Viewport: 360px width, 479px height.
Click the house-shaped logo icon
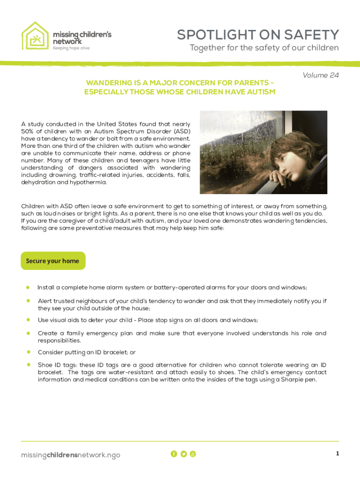pos(35,36)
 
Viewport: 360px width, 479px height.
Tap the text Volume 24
pos(320,75)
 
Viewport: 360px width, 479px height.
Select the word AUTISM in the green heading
pos(261,92)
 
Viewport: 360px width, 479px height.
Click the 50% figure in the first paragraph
pos(29,131)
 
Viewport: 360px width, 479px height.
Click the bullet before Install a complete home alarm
pos(28,287)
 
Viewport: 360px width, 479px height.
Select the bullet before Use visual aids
pos(28,320)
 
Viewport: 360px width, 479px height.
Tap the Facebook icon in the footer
pos(174,454)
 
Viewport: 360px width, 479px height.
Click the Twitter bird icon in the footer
pos(183,454)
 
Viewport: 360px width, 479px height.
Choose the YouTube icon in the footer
pos(193,454)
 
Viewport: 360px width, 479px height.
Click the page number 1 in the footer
pos(337,454)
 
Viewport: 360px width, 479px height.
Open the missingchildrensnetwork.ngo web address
pos(71,455)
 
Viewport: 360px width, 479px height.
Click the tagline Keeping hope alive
pos(71,48)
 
